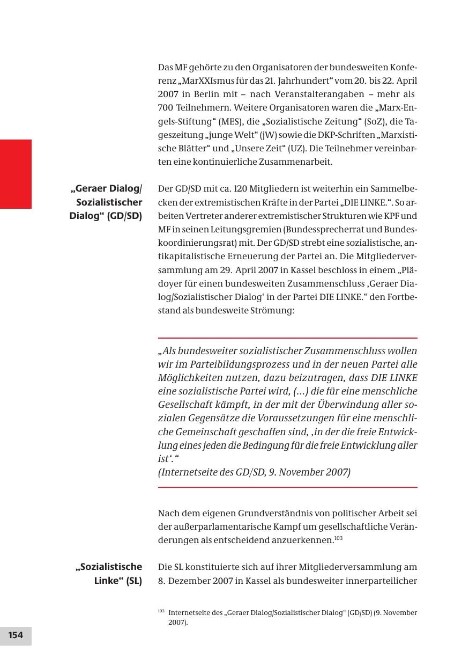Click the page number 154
tap(16, 635)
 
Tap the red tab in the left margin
tap(16, 174)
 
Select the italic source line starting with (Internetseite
tap(254, 472)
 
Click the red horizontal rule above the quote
tap(287, 338)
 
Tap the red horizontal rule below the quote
tap(287, 487)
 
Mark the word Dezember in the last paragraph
tap(187, 580)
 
